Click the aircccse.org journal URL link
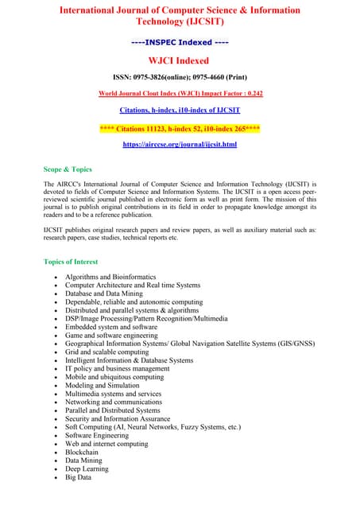(x=180, y=145)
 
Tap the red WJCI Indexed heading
(x=180, y=60)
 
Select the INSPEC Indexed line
(x=180, y=41)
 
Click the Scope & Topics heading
(x=68, y=169)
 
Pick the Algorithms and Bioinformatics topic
(x=111, y=277)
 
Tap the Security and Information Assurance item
(x=118, y=419)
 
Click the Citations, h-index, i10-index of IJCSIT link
(x=180, y=110)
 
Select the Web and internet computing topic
(x=106, y=444)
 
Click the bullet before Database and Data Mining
(x=54, y=293)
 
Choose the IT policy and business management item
(x=117, y=368)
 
